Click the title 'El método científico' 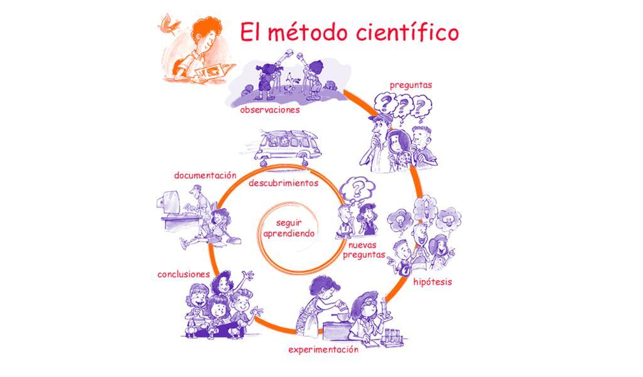[349, 32]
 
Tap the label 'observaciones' [269, 109]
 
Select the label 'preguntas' [411, 84]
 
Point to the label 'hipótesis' [432, 281]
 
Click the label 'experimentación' [323, 349]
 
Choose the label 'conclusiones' [183, 274]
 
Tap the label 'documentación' [205, 175]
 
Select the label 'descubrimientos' [283, 183]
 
